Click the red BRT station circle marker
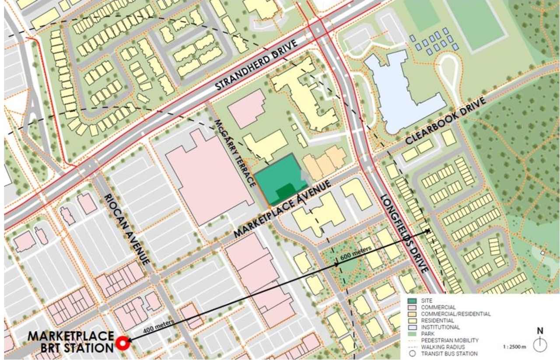coord(123,343)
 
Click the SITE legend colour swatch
coord(412,301)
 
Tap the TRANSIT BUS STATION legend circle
coord(412,353)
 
